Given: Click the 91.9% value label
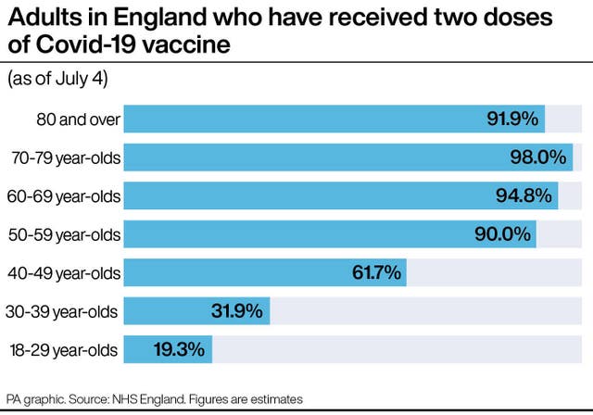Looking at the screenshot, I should coord(512,119).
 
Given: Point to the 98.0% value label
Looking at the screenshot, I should coord(537,157).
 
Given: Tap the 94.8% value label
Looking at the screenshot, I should coord(524,196).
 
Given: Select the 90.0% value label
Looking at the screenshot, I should coord(503,234).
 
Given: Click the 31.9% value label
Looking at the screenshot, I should coord(238,310).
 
